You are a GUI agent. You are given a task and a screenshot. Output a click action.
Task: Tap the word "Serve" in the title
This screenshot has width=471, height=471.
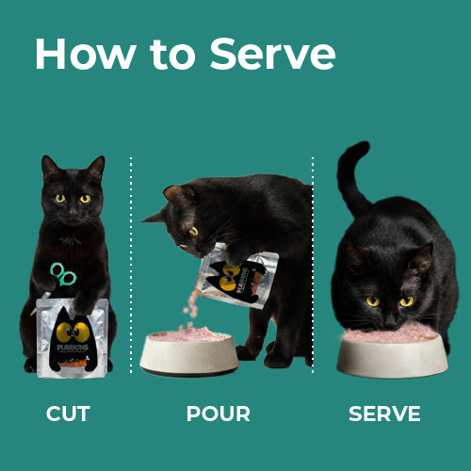[x=272, y=55]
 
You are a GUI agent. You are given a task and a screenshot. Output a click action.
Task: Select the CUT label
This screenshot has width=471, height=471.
[x=68, y=414]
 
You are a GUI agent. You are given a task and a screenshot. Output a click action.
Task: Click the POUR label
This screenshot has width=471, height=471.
[x=219, y=414]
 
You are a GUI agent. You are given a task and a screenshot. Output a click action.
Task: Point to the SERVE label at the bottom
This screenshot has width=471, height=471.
[x=384, y=414]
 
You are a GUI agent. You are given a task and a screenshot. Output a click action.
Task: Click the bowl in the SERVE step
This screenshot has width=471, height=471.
[x=389, y=355]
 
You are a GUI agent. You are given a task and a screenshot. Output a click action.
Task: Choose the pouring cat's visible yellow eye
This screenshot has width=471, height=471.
[x=193, y=231]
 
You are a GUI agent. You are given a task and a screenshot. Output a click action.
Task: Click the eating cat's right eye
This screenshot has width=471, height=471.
[x=372, y=301]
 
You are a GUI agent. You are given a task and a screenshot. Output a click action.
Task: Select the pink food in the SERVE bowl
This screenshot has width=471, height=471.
[x=389, y=333]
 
